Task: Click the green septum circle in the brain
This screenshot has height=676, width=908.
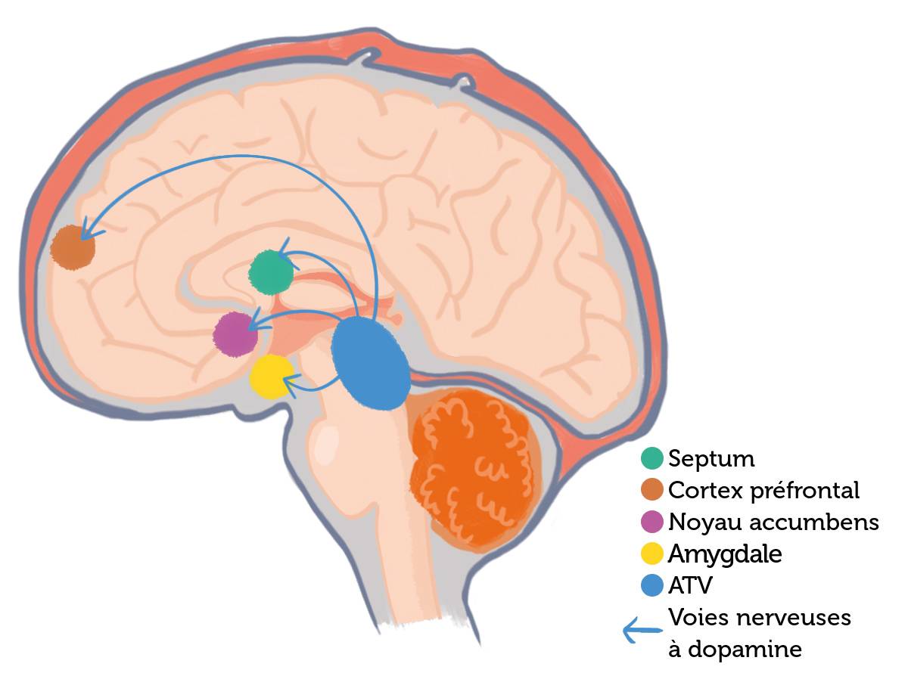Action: click(272, 271)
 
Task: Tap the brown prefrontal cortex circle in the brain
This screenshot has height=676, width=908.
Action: click(73, 246)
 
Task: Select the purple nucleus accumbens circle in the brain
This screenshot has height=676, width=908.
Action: click(235, 334)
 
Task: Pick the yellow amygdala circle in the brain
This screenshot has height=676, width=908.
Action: click(272, 377)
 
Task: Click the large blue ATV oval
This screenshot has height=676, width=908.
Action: click(371, 363)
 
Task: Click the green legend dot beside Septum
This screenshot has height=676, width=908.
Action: click(651, 458)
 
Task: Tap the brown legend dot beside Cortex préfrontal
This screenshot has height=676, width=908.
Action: click(651, 490)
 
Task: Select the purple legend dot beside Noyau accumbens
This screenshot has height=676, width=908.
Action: click(651, 522)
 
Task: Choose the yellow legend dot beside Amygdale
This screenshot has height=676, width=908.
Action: click(651, 554)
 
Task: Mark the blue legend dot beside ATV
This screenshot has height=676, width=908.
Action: click(651, 585)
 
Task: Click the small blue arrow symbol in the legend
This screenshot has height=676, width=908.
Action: click(638, 631)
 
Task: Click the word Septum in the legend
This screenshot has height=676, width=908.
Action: click(711, 458)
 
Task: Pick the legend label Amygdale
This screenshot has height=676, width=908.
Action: click(725, 554)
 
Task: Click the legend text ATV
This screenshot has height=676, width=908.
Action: click(691, 585)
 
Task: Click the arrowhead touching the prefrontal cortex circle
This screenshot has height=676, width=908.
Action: click(86, 228)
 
